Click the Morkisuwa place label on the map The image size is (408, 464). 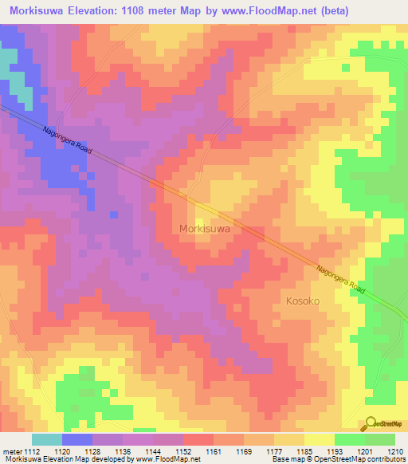click(x=205, y=228)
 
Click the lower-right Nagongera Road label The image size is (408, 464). click(x=340, y=281)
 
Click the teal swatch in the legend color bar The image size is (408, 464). click(x=46, y=439)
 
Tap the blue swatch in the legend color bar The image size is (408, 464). click(x=76, y=439)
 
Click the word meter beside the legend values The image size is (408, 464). click(x=10, y=450)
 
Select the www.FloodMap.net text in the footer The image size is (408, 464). click(x=169, y=459)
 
